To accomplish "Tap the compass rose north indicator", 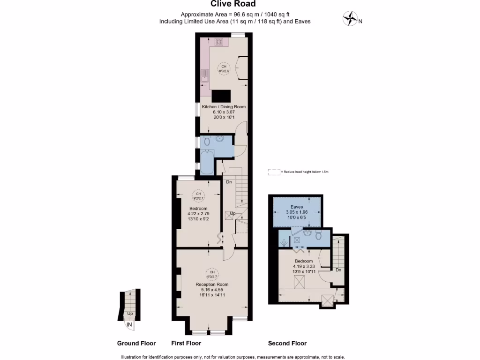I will pos(350,19).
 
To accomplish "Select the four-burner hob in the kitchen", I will pos(219,42).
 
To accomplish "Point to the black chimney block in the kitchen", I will pos(221,96).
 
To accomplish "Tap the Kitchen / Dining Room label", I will pos(224,107).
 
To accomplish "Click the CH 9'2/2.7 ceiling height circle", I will pos(198,196).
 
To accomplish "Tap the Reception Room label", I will pos(212,285).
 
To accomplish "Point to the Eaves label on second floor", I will pos(297,207).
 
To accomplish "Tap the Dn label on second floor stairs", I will pos(337,270).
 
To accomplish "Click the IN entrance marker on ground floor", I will pos(129,323).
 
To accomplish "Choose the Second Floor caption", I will pos(287,343).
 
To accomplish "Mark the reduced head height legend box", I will pos(273,172).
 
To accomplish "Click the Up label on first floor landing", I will pos(232,213).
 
